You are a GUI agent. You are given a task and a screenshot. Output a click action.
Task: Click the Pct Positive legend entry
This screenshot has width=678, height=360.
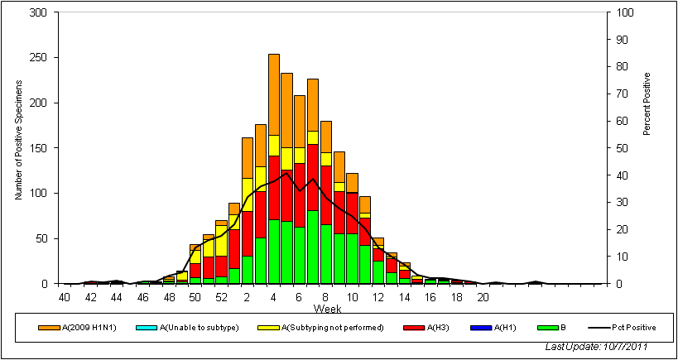click(x=628, y=328)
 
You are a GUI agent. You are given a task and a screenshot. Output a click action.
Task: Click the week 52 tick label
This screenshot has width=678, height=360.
click(x=221, y=297)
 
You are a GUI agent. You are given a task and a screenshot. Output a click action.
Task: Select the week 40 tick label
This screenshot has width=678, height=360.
click(x=64, y=297)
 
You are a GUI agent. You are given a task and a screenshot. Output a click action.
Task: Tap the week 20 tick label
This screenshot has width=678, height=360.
click(x=483, y=297)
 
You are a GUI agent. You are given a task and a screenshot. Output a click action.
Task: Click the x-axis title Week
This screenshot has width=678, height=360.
click(x=326, y=309)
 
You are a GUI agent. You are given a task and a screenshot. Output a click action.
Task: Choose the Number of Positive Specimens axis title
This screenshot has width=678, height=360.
click(x=17, y=148)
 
